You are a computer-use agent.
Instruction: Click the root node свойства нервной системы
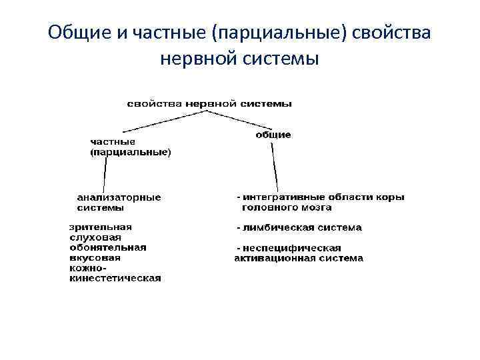click(210, 103)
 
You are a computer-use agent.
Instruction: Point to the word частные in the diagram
click(113, 142)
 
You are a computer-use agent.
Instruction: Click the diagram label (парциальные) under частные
click(131, 152)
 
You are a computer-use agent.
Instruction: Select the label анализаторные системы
click(119, 202)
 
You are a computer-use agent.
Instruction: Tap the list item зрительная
click(101, 227)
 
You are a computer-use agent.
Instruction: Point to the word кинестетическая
click(115, 278)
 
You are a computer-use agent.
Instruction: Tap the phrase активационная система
click(299, 258)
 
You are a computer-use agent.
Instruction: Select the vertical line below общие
click(275, 167)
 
